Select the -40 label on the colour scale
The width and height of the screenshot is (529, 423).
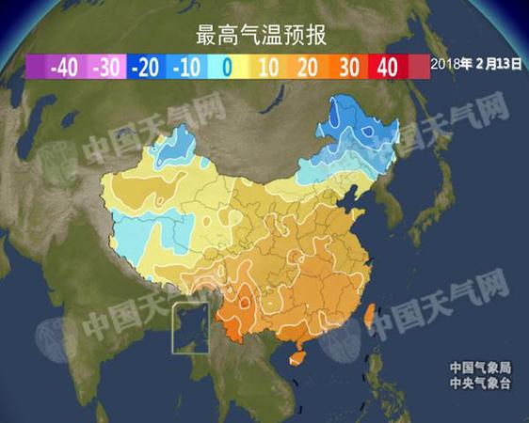[x=63, y=67]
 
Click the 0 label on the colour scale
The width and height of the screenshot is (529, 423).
[x=226, y=67]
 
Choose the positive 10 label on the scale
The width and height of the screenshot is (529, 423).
[x=265, y=67]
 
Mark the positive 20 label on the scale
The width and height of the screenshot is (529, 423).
[x=306, y=67]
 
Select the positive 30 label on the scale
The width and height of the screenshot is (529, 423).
[x=346, y=67]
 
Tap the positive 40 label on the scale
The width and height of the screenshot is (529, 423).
[x=387, y=67]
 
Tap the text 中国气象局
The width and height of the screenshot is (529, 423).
[x=479, y=368]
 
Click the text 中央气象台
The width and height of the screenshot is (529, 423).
[x=479, y=383]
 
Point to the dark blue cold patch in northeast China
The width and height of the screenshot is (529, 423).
[x=362, y=127]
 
